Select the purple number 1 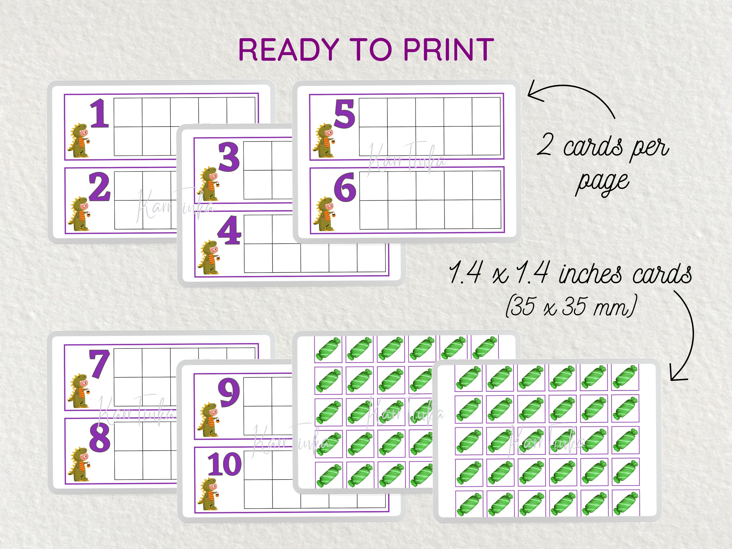tap(99, 114)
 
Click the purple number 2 tap(99, 188)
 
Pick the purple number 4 tap(229, 230)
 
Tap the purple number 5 tap(345, 114)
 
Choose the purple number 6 tap(345, 187)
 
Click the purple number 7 tap(99, 364)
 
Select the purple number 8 tap(99, 438)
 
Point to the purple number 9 tap(229, 393)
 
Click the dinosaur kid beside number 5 tap(323, 140)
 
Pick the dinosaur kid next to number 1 tap(78, 140)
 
